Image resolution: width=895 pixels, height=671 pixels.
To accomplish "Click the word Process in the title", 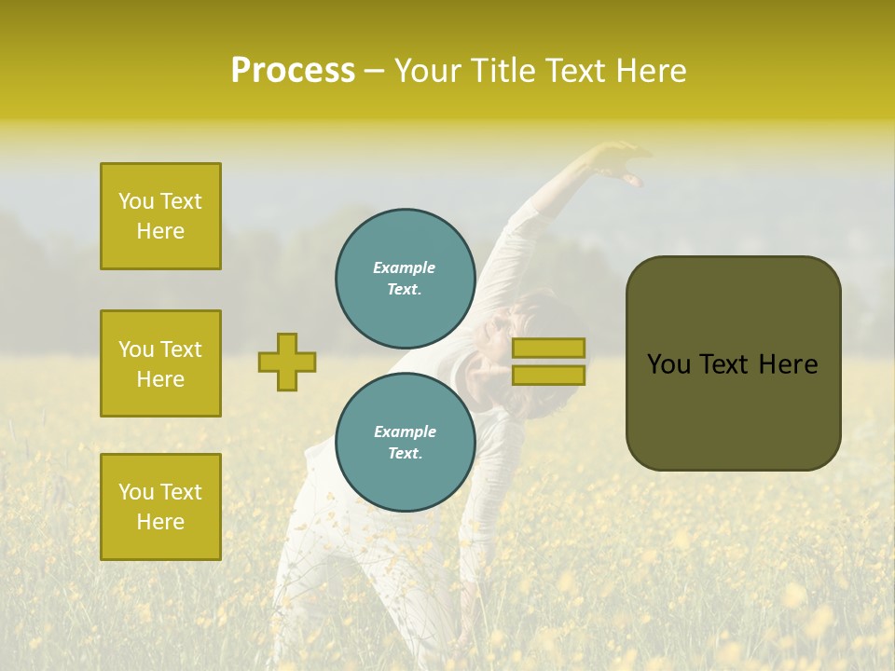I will tap(293, 71).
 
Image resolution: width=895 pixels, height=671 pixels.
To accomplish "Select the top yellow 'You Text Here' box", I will tap(160, 216).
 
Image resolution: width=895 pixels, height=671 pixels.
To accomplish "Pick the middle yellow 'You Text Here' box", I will tap(160, 363).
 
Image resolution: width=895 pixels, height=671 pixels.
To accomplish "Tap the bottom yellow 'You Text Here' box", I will tap(160, 507).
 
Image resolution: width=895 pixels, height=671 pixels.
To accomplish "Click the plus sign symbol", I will tap(287, 362).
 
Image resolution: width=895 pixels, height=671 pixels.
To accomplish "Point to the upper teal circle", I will tap(405, 278).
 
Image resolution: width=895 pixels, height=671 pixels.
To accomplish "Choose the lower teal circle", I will tap(405, 442).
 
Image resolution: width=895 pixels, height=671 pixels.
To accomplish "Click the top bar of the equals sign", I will tap(548, 349).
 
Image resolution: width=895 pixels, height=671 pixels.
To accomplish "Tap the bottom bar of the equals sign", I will tap(548, 375).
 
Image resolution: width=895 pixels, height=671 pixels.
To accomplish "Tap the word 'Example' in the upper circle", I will tap(405, 267).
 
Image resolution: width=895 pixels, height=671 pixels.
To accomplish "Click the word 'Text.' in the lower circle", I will tap(405, 453).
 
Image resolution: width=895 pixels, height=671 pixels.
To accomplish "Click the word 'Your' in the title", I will tap(428, 71).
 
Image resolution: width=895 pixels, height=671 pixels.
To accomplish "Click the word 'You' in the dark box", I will tap(669, 364).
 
